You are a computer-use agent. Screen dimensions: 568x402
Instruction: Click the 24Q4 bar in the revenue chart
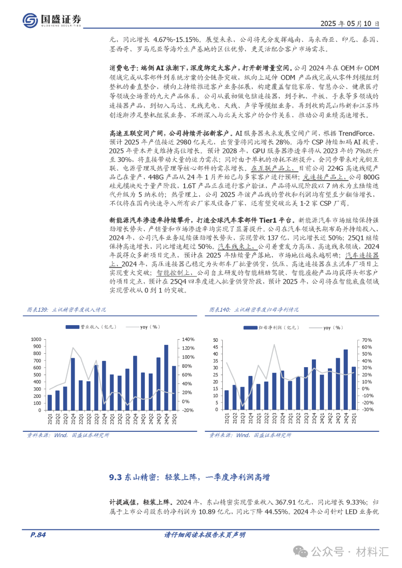click(x=166, y=378)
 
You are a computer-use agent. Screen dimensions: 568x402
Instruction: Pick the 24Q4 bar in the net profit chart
click(x=346, y=379)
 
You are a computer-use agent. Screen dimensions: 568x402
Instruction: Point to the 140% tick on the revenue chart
click(x=188, y=340)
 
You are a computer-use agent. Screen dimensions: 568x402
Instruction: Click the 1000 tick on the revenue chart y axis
click(x=36, y=339)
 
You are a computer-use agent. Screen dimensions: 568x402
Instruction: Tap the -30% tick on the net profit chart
click(x=367, y=410)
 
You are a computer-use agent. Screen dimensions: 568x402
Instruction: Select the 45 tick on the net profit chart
click(x=216, y=347)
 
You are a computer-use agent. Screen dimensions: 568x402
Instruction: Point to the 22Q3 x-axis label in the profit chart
click(x=274, y=418)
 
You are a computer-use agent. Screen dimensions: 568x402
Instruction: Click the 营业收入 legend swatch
click(x=73, y=327)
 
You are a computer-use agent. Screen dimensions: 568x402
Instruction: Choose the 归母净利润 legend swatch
click(x=251, y=328)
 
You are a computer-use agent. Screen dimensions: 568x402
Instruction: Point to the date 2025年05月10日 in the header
click(x=350, y=24)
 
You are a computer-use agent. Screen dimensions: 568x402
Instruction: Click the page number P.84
click(x=38, y=535)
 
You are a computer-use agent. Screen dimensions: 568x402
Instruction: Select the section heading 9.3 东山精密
click(x=189, y=477)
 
